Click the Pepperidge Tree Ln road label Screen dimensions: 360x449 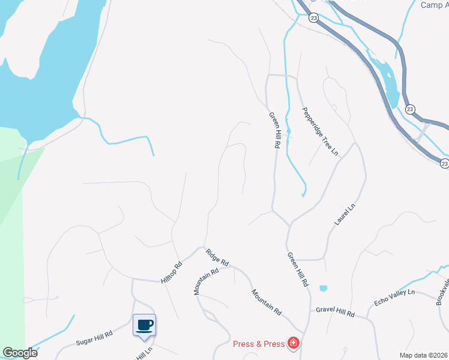tap(321, 132)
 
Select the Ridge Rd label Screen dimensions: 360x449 tap(217, 258)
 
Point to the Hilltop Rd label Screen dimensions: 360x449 tap(171, 273)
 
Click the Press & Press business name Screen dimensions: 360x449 tap(259, 344)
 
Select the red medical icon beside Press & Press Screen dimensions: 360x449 tap(294, 343)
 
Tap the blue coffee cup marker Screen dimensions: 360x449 tap(144, 325)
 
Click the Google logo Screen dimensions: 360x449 tap(20, 353)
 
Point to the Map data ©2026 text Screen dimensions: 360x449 tap(423, 355)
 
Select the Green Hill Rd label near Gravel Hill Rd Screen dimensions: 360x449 tap(297, 269)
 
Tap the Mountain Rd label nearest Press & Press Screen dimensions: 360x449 tap(266, 302)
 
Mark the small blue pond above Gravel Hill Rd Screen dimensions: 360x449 tap(324, 289)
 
